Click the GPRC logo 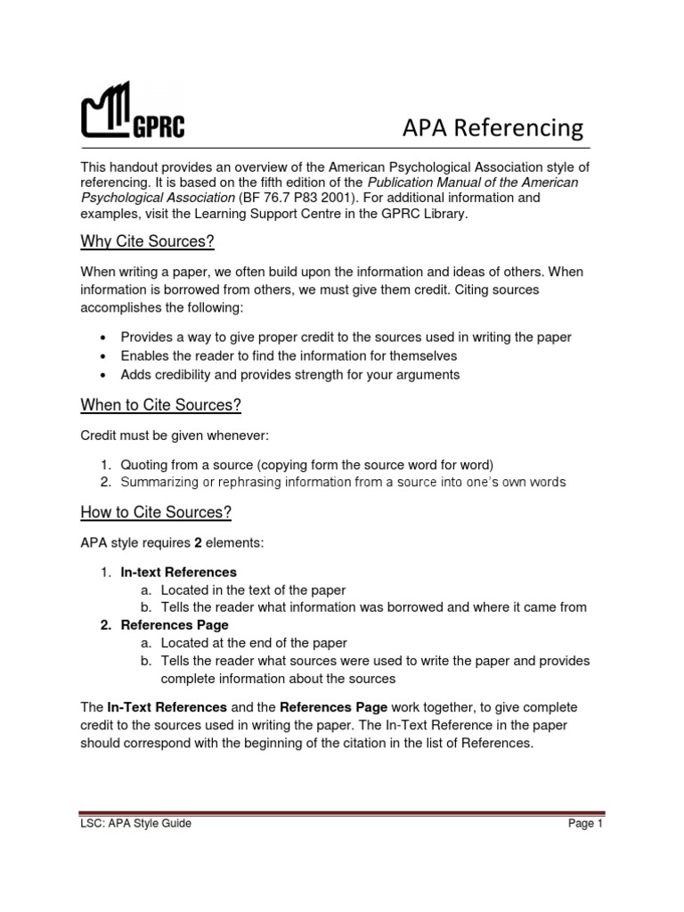[x=134, y=112]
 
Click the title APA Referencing [x=493, y=127]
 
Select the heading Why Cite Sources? [x=148, y=243]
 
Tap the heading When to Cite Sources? [x=161, y=406]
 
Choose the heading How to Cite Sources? [x=156, y=512]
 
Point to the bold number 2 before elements [x=198, y=542]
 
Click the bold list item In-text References [x=178, y=572]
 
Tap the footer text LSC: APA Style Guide [x=136, y=824]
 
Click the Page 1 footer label [x=586, y=824]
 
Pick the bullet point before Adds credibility [x=105, y=375]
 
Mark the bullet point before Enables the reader [x=105, y=356]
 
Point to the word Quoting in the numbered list [x=144, y=465]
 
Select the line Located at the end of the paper [x=254, y=643]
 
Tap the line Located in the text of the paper [x=253, y=590]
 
